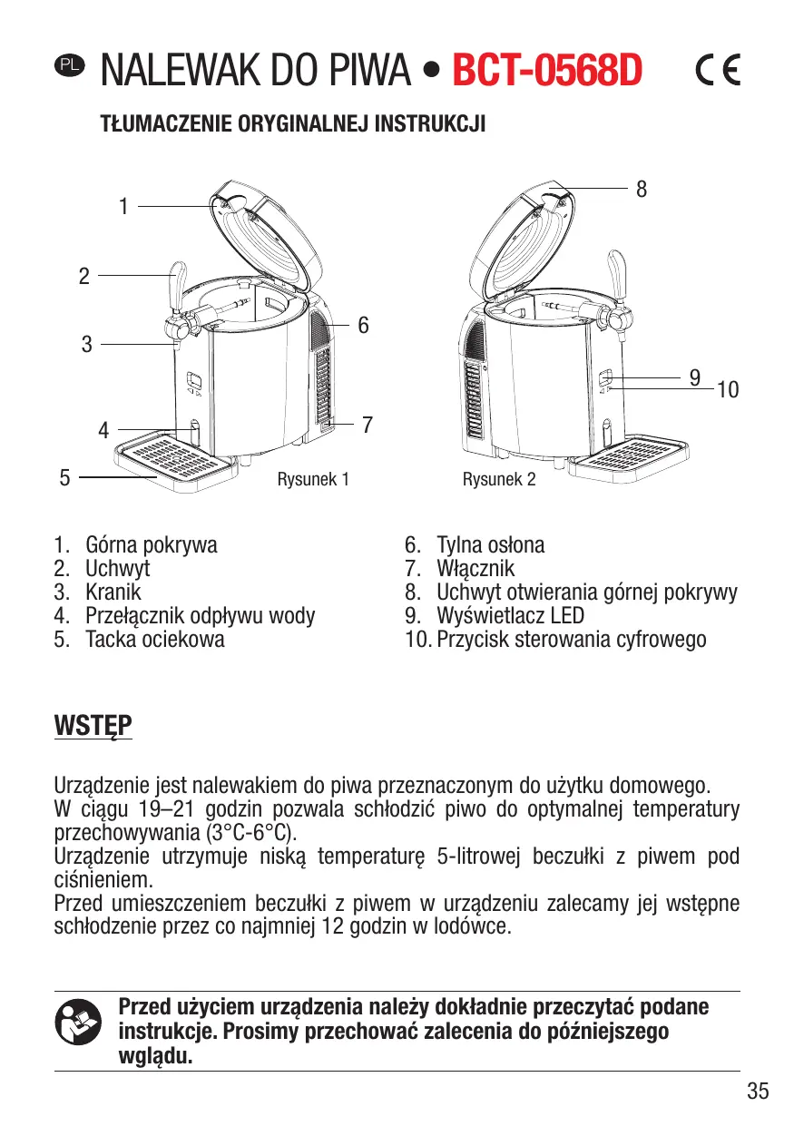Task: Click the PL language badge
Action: click(x=68, y=64)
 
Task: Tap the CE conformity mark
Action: click(x=717, y=70)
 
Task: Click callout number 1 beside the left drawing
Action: click(x=123, y=207)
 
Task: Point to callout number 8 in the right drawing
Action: click(x=642, y=189)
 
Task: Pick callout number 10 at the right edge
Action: click(x=727, y=391)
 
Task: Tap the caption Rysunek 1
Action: click(x=313, y=479)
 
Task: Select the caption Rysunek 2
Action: click(x=499, y=479)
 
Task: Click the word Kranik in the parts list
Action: click(x=113, y=592)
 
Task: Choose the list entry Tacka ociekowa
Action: click(x=154, y=639)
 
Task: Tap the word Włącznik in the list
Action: click(x=475, y=569)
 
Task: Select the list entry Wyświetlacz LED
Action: click(x=510, y=616)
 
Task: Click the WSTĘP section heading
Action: click(x=93, y=727)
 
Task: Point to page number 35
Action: click(x=758, y=1092)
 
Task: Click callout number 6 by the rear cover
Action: click(x=363, y=324)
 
